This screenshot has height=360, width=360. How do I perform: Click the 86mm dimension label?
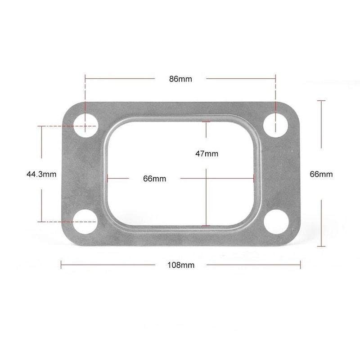click(x=180, y=79)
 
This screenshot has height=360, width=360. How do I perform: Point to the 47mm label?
click(x=207, y=153)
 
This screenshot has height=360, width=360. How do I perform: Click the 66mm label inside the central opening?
click(x=154, y=179)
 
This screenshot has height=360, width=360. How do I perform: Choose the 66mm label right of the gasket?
click(x=321, y=174)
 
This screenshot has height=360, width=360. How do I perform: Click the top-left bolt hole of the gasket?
click(x=85, y=125)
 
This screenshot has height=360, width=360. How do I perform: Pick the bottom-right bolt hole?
click(x=275, y=221)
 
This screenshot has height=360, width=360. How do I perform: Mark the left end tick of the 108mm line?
click(x=61, y=265)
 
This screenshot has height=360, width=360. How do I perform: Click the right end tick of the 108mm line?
click(x=300, y=265)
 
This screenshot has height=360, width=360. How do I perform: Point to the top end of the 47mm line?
click(x=206, y=122)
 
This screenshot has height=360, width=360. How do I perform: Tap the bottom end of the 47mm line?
click(x=206, y=225)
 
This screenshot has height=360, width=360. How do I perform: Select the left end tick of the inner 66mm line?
click(x=108, y=178)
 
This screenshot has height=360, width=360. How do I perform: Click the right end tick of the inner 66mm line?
click(x=254, y=178)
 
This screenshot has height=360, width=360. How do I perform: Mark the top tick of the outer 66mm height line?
click(x=321, y=101)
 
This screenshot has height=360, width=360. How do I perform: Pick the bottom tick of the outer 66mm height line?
click(x=321, y=246)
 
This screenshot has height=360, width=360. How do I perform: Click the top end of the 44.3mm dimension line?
click(x=42, y=126)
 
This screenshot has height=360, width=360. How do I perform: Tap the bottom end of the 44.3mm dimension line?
click(x=42, y=221)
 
